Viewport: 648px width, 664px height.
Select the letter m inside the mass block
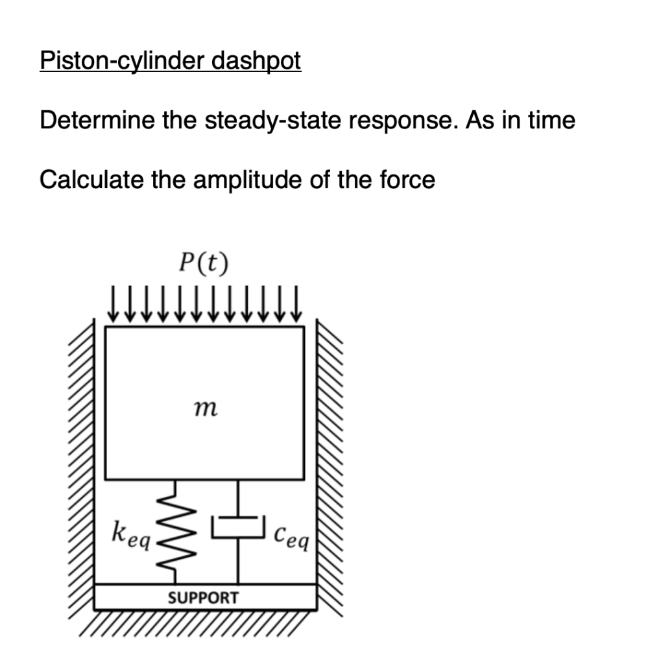pos(205,408)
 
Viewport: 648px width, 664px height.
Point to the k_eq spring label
pos(130,534)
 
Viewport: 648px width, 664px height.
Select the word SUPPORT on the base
pos(203,597)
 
